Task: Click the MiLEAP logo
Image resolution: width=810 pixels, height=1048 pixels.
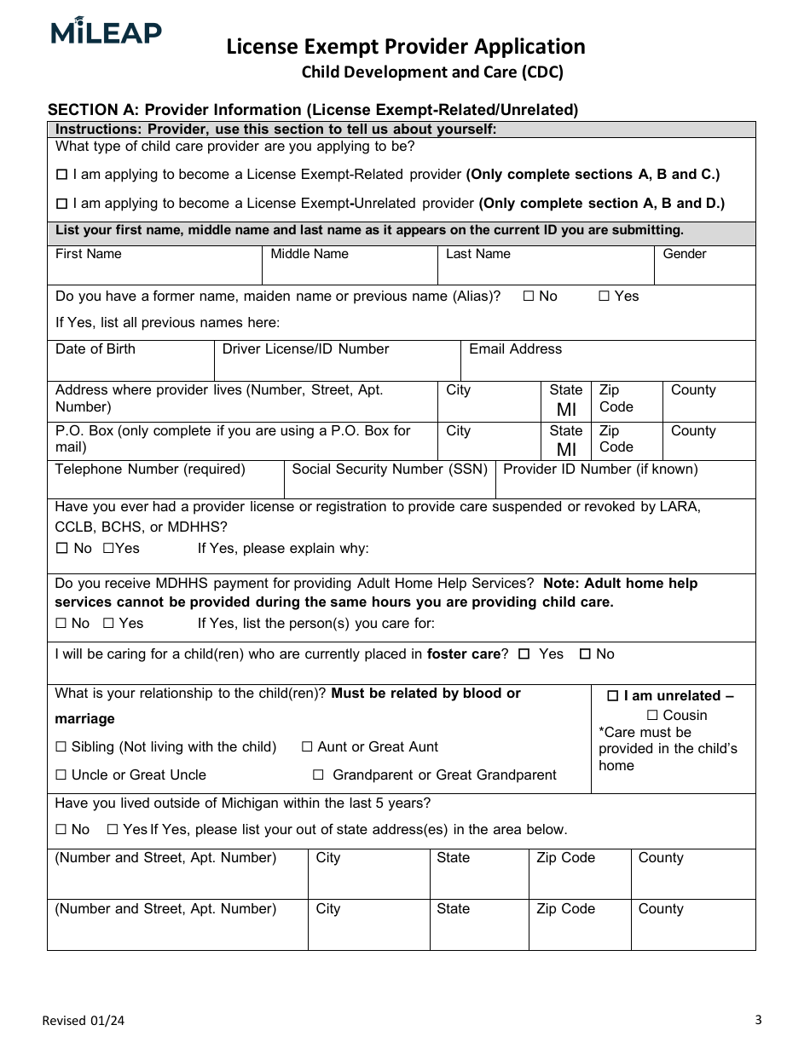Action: [x=106, y=32]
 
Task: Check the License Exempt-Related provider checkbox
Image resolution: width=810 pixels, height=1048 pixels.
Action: [x=61, y=175]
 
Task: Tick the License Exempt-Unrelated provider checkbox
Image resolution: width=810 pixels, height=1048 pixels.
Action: [x=61, y=204]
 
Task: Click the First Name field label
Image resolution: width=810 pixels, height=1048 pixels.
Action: [x=88, y=254]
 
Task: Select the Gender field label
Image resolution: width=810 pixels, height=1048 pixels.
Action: [x=684, y=254]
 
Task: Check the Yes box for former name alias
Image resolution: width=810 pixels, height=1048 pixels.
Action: [x=604, y=297]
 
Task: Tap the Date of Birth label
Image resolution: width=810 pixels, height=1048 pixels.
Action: [x=95, y=349]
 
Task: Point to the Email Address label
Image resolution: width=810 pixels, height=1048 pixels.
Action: [x=515, y=349]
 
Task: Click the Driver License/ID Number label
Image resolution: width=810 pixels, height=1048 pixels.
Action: [x=305, y=349]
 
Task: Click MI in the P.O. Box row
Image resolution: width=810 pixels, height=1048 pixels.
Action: [x=566, y=450]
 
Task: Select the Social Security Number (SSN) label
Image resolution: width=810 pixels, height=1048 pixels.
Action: [x=390, y=469]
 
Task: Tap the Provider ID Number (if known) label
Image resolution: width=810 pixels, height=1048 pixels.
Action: [x=600, y=469]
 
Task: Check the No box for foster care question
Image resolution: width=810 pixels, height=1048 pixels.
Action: [x=585, y=654]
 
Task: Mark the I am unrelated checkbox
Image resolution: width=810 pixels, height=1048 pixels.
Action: [x=612, y=696]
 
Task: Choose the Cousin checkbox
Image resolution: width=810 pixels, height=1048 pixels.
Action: [x=652, y=716]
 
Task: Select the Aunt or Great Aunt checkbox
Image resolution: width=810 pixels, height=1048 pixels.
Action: [x=307, y=747]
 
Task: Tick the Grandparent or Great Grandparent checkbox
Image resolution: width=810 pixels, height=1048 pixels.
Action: [x=318, y=775]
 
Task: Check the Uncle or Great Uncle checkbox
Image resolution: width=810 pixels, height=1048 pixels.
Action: [x=61, y=775]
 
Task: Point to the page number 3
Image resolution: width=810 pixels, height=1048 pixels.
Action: [x=758, y=1019]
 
